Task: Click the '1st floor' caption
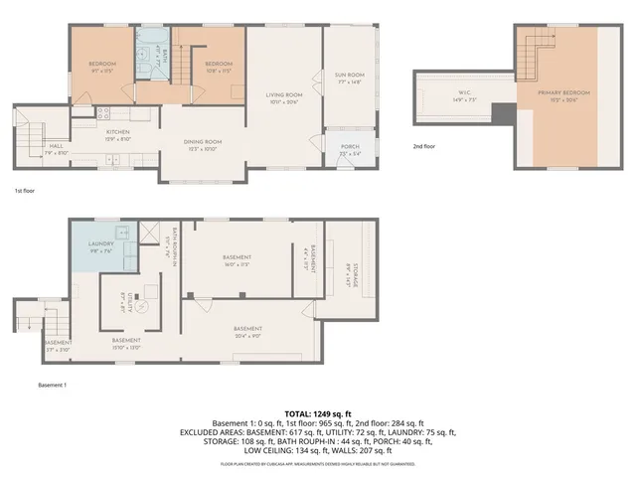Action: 26,190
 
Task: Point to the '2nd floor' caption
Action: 424,146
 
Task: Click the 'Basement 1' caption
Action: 53,385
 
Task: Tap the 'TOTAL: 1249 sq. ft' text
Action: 317,411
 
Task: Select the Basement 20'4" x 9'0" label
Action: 247,332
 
